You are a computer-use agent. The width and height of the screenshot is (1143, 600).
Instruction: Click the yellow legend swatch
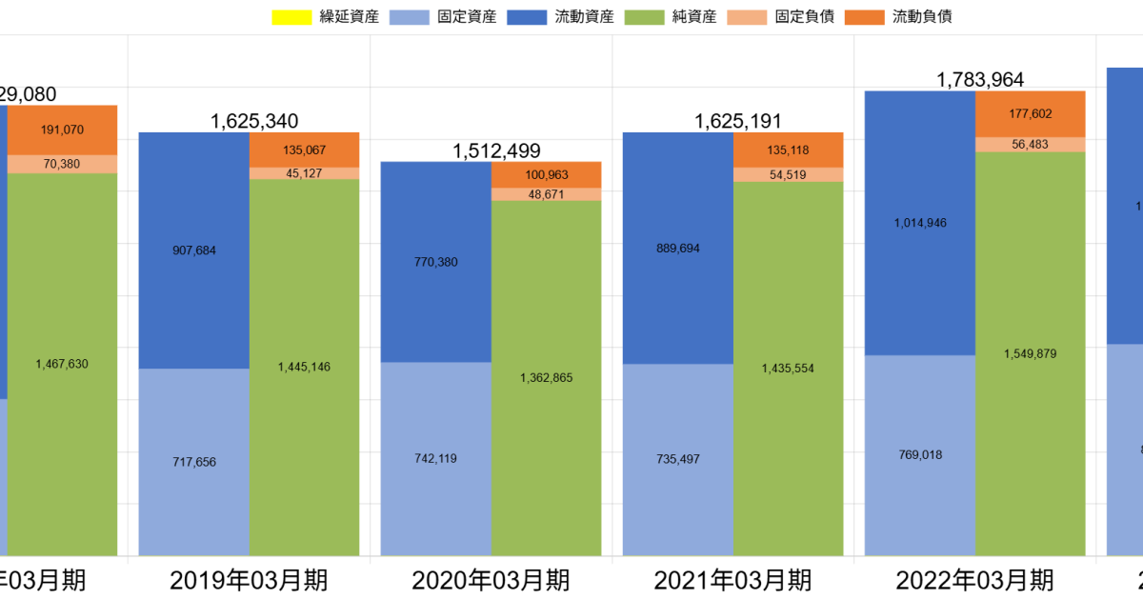coord(291,17)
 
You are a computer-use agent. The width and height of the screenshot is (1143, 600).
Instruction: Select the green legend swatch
coord(644,17)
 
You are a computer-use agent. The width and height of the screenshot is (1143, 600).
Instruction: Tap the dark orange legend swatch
coord(864,17)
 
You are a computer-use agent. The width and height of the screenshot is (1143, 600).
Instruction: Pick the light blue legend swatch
coord(409,17)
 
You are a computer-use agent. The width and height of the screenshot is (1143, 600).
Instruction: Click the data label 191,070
coord(62,130)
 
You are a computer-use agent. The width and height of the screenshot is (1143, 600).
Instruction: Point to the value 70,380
coord(62,164)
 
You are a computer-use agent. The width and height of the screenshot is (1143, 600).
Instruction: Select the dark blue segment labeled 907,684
coord(193,250)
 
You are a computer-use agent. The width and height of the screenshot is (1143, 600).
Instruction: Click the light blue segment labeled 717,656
coord(193,462)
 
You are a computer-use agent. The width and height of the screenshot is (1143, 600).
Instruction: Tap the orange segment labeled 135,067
coord(305,150)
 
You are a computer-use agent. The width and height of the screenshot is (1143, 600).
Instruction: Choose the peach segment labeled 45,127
coord(305,173)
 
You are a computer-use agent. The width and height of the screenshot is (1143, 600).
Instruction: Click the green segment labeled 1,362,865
coord(547,378)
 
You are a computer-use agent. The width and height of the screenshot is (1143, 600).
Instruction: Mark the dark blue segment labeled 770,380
coord(435,262)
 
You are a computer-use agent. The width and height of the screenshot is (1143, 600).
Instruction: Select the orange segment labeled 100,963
coord(547,174)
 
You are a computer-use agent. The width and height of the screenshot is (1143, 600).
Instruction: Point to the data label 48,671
coord(547,194)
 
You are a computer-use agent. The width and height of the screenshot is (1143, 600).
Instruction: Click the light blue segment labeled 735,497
coord(677,459)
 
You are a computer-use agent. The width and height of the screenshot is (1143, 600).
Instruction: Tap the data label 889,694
coord(677,248)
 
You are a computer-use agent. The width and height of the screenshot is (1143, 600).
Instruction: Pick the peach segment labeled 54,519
coord(789,175)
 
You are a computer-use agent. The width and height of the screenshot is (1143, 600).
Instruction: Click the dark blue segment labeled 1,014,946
coord(919,223)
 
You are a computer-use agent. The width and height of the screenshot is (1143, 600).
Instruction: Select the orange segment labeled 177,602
coord(1031,114)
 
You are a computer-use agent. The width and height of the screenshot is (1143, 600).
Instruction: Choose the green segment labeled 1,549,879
coord(1031,353)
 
